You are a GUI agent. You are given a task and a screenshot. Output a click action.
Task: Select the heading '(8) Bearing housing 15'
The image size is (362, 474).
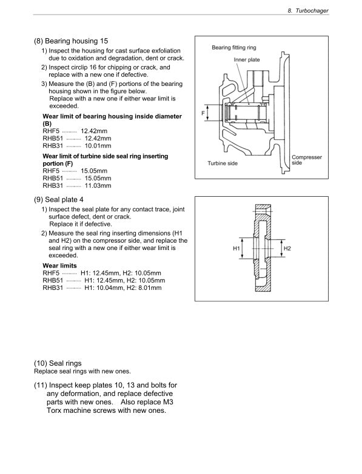[71, 41]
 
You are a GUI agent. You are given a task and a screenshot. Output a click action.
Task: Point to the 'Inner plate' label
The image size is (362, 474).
[246, 60]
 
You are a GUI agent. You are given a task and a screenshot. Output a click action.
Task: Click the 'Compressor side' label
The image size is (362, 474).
[307, 160]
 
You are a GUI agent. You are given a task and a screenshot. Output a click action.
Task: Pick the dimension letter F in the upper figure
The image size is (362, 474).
[204, 113]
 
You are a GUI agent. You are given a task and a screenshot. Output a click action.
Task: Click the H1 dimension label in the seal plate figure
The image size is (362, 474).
[236, 249]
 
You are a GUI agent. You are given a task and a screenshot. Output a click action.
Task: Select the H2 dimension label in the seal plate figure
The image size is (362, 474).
[287, 249]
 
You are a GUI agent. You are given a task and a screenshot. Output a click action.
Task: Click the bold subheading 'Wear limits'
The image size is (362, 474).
[59, 266]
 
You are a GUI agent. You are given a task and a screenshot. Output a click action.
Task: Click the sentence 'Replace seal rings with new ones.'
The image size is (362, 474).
[82, 371]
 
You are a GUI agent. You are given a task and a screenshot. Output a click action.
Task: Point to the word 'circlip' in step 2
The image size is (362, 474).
[80, 67]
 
